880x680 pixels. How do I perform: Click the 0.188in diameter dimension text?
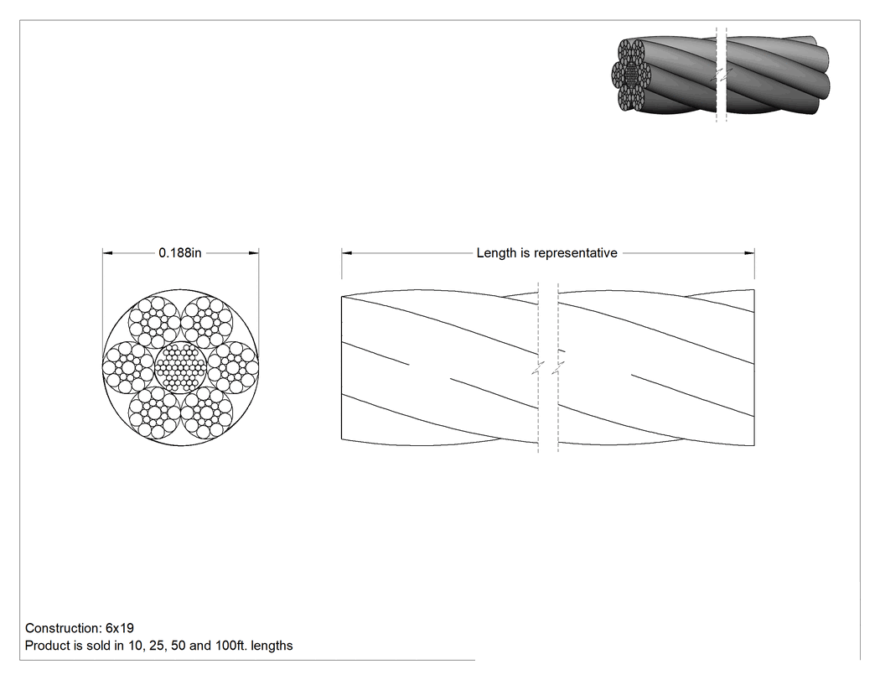(x=179, y=252)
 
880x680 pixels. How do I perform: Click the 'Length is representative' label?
(x=546, y=252)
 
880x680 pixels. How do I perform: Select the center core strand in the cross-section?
(x=180, y=367)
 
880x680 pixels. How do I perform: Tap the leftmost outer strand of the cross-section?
(x=128, y=367)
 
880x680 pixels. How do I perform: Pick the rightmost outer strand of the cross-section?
(x=233, y=367)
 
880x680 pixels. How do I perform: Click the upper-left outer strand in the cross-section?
(x=154, y=322)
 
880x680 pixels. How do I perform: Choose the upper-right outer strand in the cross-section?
(x=206, y=322)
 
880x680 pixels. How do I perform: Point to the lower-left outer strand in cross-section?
(x=154, y=413)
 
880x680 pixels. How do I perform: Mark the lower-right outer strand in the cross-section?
(x=206, y=413)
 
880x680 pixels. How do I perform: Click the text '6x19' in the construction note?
(x=120, y=628)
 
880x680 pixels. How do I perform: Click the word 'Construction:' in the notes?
(x=64, y=628)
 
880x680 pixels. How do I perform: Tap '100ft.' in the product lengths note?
(x=230, y=646)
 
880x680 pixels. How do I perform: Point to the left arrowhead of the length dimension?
(x=347, y=253)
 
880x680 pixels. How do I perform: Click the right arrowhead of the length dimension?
(x=749, y=253)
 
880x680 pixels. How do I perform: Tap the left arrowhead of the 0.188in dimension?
(x=108, y=253)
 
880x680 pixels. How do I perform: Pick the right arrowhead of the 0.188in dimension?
(x=254, y=253)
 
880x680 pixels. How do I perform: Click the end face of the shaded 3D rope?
(x=631, y=75)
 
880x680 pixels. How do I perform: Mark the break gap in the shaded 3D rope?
(x=722, y=75)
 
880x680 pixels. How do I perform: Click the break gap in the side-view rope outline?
(x=548, y=368)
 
